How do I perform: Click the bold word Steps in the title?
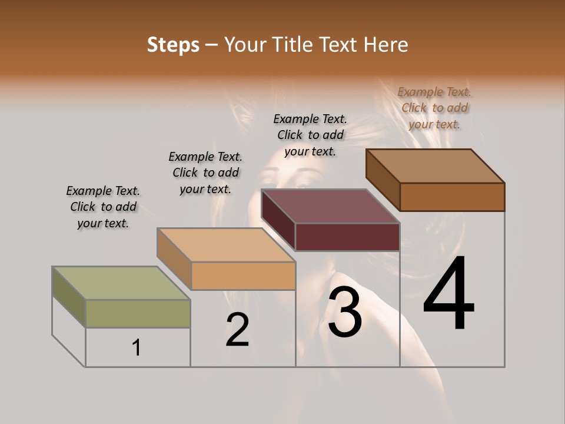(173, 45)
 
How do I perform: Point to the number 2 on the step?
(237, 330)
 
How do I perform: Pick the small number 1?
(137, 348)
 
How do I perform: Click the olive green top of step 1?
(121, 283)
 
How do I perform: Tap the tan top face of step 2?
(226, 244)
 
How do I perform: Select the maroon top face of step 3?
(330, 206)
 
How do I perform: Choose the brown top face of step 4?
(435, 166)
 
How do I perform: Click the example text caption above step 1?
(103, 207)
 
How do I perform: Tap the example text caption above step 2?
(205, 173)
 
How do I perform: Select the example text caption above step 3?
(310, 135)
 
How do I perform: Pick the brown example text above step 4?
(434, 108)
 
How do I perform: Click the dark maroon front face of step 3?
(347, 237)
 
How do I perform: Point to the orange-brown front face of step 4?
(452, 197)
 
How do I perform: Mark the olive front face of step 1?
(138, 313)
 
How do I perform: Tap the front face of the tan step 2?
(243, 276)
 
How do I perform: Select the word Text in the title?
(340, 45)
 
